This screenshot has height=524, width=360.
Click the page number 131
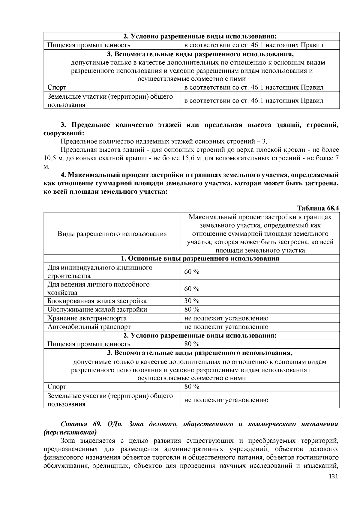tap(333, 476)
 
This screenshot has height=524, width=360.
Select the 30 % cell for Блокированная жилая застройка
tap(192, 301)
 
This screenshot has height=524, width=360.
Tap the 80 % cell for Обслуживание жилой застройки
tap(192, 309)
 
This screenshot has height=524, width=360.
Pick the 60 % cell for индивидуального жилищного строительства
tap(192, 272)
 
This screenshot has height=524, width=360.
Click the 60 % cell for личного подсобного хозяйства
tap(192, 289)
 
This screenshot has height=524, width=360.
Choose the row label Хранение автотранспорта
tap(87, 318)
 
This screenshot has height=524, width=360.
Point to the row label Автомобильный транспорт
tap(89, 327)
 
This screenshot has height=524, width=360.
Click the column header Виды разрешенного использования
tap(112, 234)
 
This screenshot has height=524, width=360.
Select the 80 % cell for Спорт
tap(192, 387)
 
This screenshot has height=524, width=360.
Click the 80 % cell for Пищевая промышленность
tap(192, 344)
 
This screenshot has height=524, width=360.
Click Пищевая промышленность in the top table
tap(89, 45)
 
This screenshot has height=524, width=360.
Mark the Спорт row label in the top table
tap(57, 88)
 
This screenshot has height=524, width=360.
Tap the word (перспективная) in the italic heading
tap(70, 433)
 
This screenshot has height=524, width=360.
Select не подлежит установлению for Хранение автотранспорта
tap(226, 318)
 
